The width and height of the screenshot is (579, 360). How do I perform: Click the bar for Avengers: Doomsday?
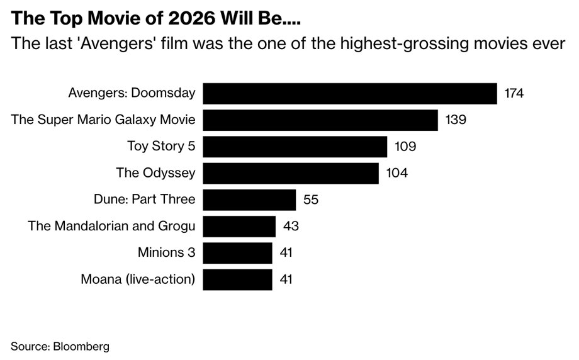coord(350,94)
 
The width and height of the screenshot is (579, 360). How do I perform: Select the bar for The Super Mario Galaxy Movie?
coord(320,120)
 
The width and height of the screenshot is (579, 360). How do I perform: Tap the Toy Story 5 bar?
coord(295,147)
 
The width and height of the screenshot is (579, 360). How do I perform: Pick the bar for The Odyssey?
coord(290,173)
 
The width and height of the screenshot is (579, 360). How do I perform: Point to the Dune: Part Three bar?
coord(249,200)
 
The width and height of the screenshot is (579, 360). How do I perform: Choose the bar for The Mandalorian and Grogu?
coord(239,227)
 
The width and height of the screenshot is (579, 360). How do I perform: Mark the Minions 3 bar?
coord(237,253)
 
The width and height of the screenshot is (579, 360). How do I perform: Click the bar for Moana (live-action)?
coord(237,279)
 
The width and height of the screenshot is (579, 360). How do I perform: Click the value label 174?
coord(514,94)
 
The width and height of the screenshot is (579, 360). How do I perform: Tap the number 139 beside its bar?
coord(455,120)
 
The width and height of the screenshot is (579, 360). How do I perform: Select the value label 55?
coord(311,200)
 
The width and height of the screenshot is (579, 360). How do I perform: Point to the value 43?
coord(290,227)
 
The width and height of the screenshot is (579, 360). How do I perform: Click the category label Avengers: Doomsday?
coord(132,94)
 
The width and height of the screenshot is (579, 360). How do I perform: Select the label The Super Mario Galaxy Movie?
coord(103,120)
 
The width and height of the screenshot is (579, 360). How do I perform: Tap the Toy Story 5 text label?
coord(161,147)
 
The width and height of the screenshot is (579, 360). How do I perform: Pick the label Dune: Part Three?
coord(143,200)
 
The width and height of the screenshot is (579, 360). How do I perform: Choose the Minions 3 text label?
coord(166,253)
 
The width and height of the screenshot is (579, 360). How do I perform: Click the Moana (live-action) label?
coord(138,279)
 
